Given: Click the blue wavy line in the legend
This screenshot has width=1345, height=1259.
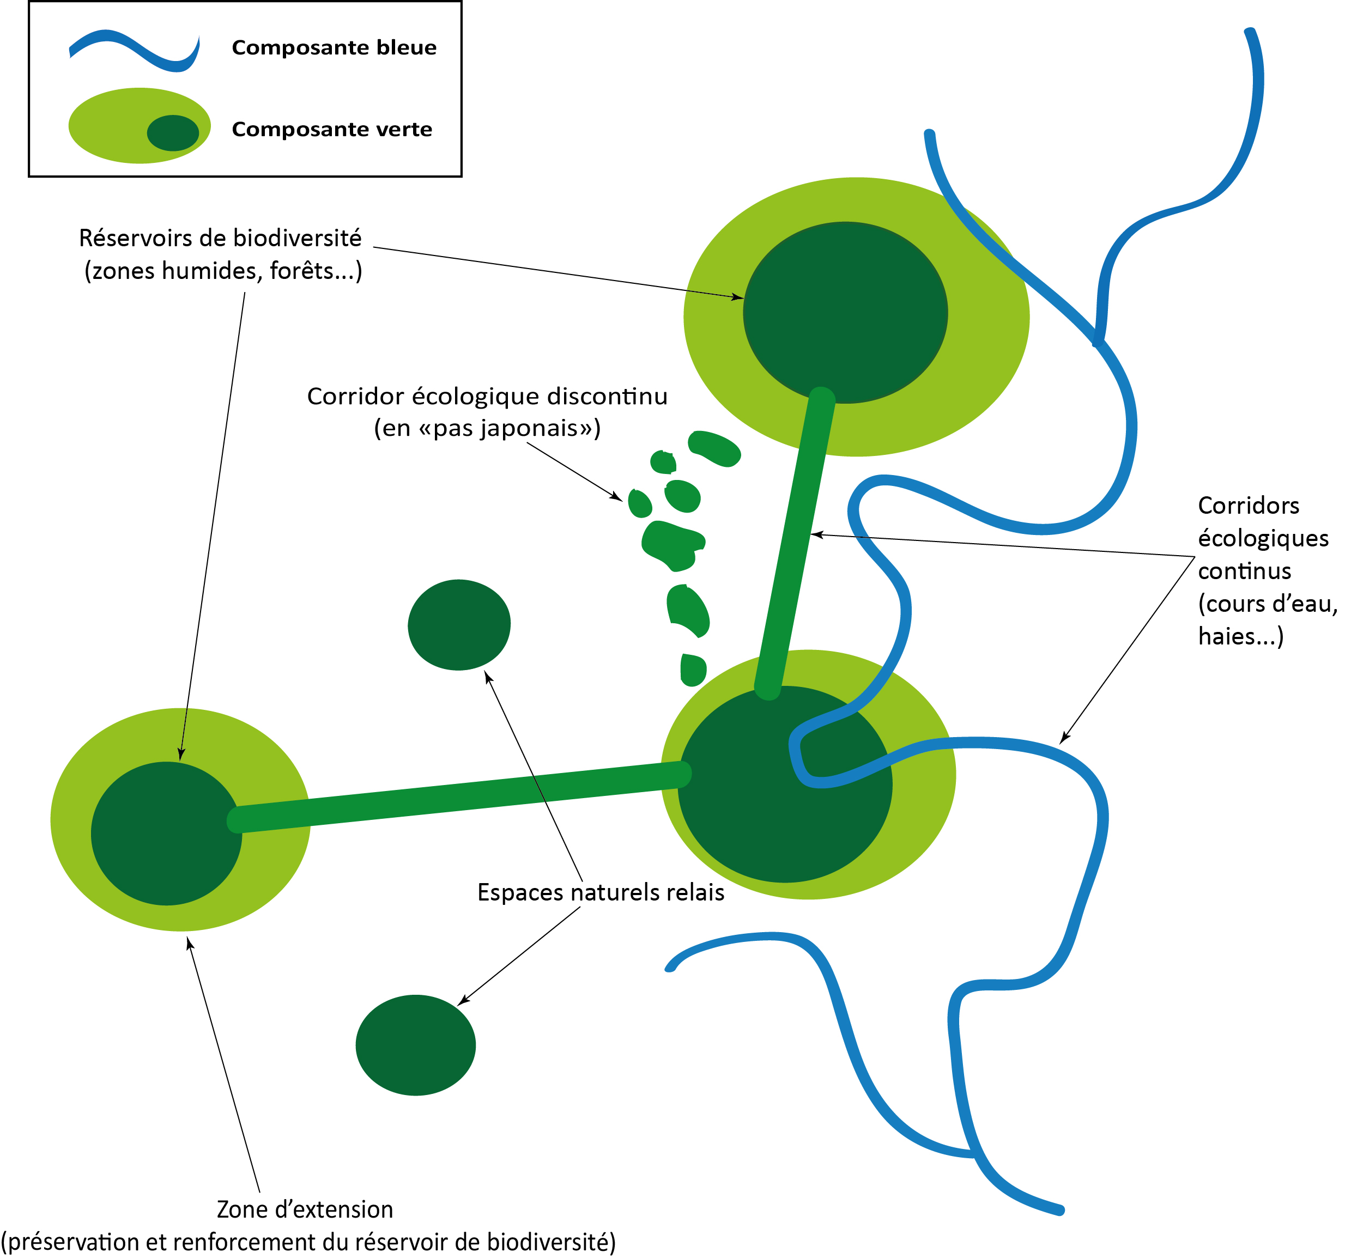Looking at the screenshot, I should [x=135, y=51].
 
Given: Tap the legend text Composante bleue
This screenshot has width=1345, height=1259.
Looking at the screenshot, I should [x=334, y=47].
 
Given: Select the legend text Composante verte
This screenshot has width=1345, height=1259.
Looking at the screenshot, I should [x=331, y=129].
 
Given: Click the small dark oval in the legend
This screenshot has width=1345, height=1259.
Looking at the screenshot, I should [x=173, y=132].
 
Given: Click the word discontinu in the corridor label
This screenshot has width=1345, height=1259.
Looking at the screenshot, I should [x=608, y=396].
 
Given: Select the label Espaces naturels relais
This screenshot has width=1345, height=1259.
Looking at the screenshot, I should [x=601, y=892].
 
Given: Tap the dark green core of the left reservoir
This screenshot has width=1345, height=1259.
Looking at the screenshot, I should [x=166, y=834].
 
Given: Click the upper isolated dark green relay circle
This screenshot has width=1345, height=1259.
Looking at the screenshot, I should [x=459, y=625].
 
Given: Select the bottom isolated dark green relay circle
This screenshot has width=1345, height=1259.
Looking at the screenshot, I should [x=415, y=1045].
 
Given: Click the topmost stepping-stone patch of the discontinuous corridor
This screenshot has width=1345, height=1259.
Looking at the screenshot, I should [x=715, y=448].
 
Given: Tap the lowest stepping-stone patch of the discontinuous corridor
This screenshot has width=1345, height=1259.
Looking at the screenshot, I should [x=693, y=670].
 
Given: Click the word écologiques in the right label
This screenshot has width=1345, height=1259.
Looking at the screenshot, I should [x=1263, y=538].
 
